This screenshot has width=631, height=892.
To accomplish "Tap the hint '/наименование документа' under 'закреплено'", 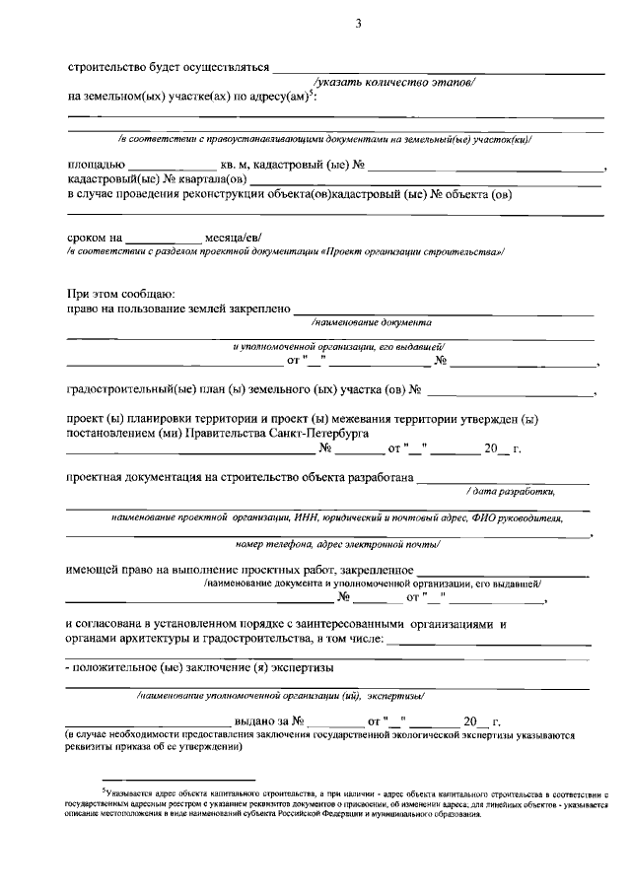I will click(x=371, y=322).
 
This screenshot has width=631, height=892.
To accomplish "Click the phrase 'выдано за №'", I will click(x=268, y=721).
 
